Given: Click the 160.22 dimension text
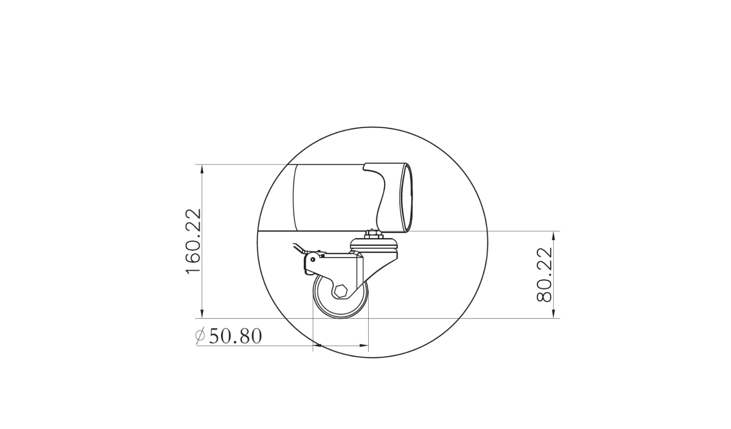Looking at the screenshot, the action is (x=193, y=241).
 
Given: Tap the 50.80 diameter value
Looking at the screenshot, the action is (x=235, y=336).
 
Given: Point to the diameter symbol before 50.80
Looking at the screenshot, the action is (x=200, y=336).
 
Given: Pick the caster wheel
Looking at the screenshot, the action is (x=340, y=296).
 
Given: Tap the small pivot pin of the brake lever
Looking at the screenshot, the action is (x=312, y=259).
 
